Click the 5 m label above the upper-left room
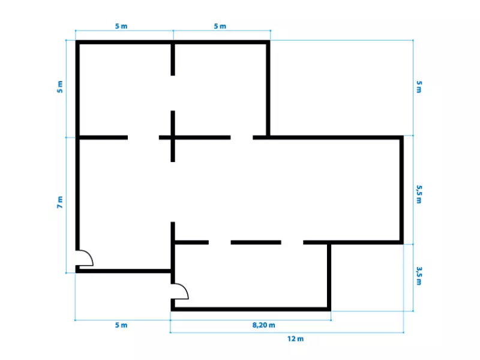tap(121, 26)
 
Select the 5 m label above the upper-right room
tap(220, 26)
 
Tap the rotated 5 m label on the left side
tap(60, 86)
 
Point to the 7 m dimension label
tap(60, 202)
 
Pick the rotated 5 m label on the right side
tap(419, 86)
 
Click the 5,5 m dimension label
tap(419, 194)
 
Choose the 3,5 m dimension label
tap(419, 276)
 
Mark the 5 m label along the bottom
tap(121, 325)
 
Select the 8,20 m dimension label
tap(263, 325)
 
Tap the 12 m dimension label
tap(295, 339)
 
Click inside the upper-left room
tap(125, 89)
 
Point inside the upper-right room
tap(220, 89)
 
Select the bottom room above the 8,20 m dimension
tap(251, 276)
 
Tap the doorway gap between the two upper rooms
tap(173, 93)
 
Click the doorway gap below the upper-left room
tap(143, 137)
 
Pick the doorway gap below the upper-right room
tap(242, 137)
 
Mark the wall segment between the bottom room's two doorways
tap(256, 242)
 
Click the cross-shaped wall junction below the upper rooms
tap(173, 137)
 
